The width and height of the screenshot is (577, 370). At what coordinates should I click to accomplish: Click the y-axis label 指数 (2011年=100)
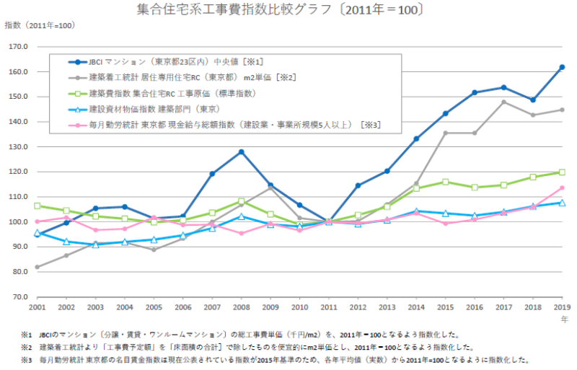click(x=40, y=25)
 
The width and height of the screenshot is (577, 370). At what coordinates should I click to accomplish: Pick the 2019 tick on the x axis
click(x=562, y=307)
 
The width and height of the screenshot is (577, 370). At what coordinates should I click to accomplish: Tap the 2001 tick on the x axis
click(x=37, y=307)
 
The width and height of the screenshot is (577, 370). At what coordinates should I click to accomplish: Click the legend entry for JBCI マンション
click(x=173, y=62)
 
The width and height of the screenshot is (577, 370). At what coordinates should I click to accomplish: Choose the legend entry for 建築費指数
click(x=173, y=93)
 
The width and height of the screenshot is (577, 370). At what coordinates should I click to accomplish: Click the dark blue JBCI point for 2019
click(x=562, y=67)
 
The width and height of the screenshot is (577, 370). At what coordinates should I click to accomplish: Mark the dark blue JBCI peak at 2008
click(x=242, y=151)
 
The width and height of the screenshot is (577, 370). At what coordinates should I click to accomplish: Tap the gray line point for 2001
click(x=37, y=267)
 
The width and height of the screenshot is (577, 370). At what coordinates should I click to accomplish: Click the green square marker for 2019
click(x=562, y=172)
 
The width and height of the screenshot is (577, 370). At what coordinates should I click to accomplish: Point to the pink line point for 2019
click(x=562, y=188)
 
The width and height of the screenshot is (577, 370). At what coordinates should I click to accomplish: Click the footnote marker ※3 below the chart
click(x=27, y=358)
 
